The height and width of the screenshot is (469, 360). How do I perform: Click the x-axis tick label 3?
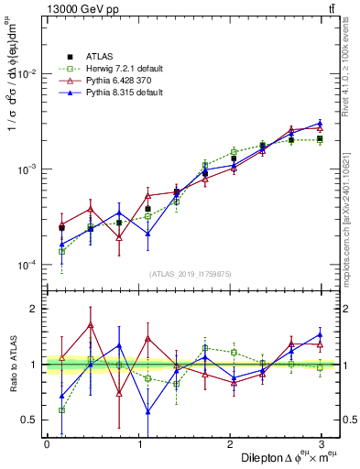click(x=322, y=443)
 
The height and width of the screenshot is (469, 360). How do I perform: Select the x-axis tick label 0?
click(x=47, y=443)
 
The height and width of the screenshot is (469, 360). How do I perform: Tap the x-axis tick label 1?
click(x=138, y=443)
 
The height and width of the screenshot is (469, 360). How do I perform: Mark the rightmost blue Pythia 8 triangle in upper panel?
click(x=320, y=123)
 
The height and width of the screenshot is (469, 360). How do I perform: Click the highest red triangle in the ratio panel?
click(x=91, y=324)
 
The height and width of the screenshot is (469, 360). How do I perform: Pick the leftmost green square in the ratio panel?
click(x=61, y=410)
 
